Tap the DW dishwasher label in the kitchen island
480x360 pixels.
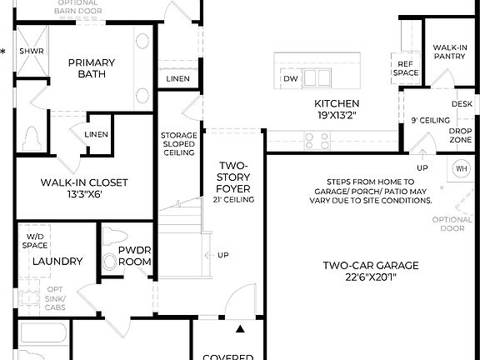click(x=290, y=79)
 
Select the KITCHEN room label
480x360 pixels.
click(x=337, y=104)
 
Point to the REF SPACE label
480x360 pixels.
click(x=405, y=68)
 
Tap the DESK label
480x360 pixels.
click(x=462, y=104)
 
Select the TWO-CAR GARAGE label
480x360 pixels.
click(x=371, y=266)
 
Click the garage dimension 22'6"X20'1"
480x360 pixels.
click(x=371, y=278)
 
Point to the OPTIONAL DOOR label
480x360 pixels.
click(x=452, y=222)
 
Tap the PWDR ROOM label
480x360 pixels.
click(x=134, y=256)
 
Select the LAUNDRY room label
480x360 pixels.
click(x=57, y=262)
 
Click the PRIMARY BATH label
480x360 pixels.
click(x=92, y=67)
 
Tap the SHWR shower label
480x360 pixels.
click(x=32, y=51)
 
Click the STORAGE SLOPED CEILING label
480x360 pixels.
click(x=179, y=144)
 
